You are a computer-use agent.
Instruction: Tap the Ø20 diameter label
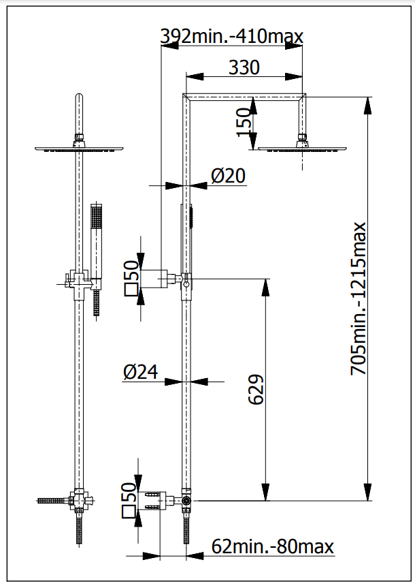click(228, 176)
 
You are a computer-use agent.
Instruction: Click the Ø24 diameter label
click(141, 372)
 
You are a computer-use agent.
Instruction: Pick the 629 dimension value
click(256, 389)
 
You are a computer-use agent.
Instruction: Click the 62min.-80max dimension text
click(272, 546)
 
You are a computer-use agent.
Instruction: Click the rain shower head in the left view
click(79, 148)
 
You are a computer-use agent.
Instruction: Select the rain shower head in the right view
click(303, 146)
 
